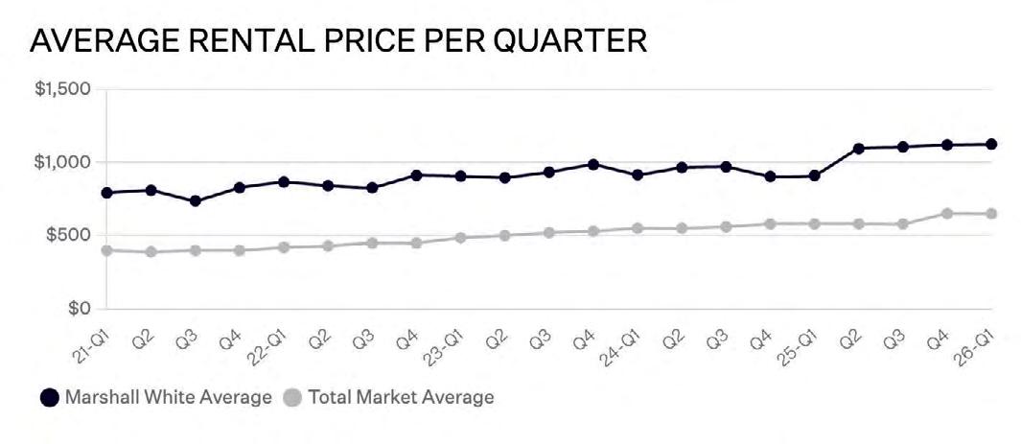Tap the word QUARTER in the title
point(569,41)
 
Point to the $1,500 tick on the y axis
point(62,88)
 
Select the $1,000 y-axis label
point(62,162)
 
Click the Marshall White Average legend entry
point(155,397)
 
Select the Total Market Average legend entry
point(389,397)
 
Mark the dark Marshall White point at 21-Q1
point(106,193)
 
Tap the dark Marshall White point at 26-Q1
point(991,144)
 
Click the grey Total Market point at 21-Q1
point(106,250)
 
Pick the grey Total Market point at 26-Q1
point(991,214)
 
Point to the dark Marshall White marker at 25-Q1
point(815,175)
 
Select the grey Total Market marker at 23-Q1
point(460,238)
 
